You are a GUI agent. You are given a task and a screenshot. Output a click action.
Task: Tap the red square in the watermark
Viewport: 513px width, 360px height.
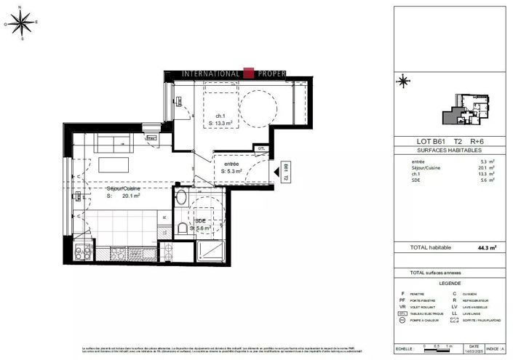[x=248, y=73]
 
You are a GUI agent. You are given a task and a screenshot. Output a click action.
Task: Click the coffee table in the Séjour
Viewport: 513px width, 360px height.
[x=113, y=161]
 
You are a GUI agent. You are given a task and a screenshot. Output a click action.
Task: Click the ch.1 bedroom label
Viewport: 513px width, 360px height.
[x=220, y=116]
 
